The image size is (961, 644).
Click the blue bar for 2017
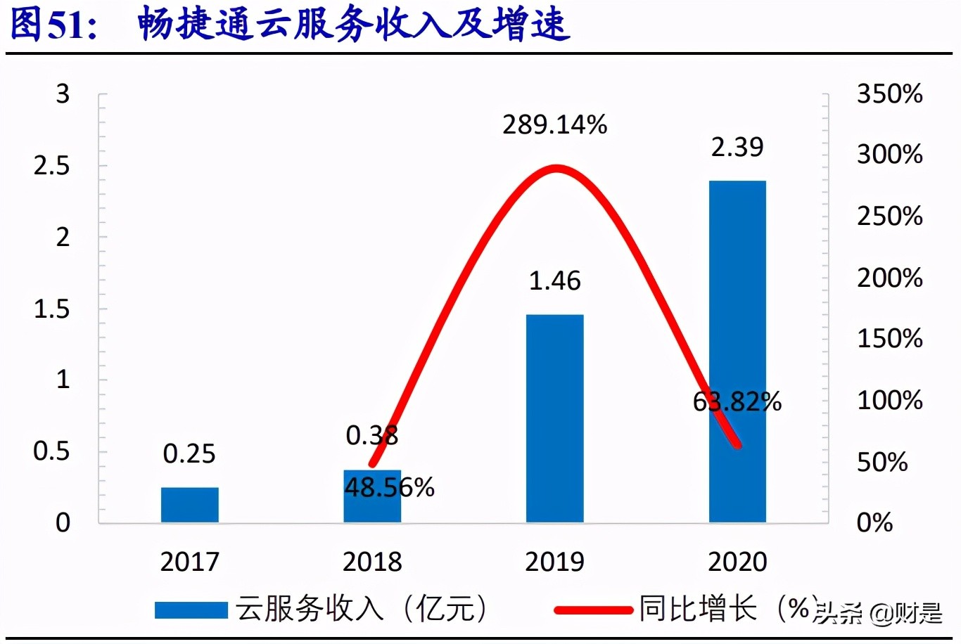tap(189, 505)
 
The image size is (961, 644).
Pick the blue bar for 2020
tap(737, 352)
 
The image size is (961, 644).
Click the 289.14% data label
tap(554, 125)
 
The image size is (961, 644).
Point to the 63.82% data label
tap(737, 402)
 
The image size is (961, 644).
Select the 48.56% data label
tap(390, 487)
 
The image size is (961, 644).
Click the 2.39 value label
tap(737, 147)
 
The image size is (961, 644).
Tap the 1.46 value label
tap(554, 281)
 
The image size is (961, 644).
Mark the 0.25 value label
tap(189, 454)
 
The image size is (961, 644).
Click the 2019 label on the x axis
tap(554, 562)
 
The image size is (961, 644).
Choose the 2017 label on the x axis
tap(189, 562)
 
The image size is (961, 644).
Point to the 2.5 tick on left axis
tap(52, 166)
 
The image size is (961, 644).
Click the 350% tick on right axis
tap(889, 94)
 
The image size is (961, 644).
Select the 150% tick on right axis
tap(889, 339)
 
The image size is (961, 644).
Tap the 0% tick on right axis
tap(874, 522)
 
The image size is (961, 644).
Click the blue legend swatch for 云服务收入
tap(191, 610)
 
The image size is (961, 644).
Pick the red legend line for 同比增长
tap(592, 610)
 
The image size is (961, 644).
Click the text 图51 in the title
tap(53, 24)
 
